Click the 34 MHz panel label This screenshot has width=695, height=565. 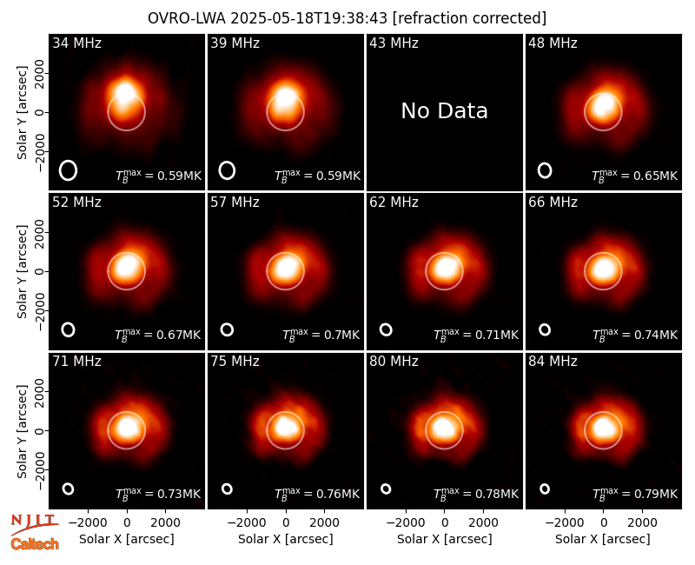pyautogui.click(x=76, y=43)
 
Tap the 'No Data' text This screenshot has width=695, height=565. pyautogui.click(x=444, y=111)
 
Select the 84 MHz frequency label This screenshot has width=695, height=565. pyautogui.click(x=553, y=362)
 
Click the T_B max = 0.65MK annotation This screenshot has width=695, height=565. pyautogui.click(x=635, y=176)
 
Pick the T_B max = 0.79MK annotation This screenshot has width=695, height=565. pyautogui.click(x=635, y=494)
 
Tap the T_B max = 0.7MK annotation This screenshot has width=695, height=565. pyautogui.click(x=321, y=335)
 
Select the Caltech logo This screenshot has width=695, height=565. pyautogui.click(x=35, y=544)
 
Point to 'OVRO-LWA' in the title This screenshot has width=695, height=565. pyautogui.click(x=187, y=18)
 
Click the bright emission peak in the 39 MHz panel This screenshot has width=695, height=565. pyautogui.click(x=286, y=97)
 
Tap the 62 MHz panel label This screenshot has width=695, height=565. pyautogui.click(x=394, y=203)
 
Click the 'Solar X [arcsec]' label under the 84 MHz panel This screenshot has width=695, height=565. pyautogui.click(x=603, y=539)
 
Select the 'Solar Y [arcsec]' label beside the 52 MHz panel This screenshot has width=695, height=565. pyautogui.click(x=22, y=271)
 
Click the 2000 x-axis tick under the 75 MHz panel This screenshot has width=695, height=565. pyautogui.click(x=324, y=522)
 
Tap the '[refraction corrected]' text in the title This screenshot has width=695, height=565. pyautogui.click(x=469, y=18)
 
